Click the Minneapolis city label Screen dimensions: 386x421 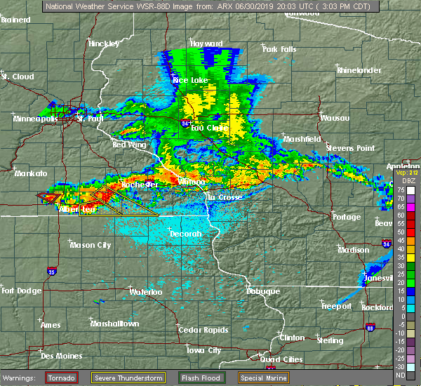(34, 119)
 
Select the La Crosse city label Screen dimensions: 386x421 (223, 197)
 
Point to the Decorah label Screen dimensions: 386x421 (185, 234)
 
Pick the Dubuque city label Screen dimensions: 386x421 (263, 291)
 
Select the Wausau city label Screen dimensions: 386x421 (335, 118)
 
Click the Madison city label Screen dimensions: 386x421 (353, 250)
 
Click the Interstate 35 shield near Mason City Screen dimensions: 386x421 (51, 269)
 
